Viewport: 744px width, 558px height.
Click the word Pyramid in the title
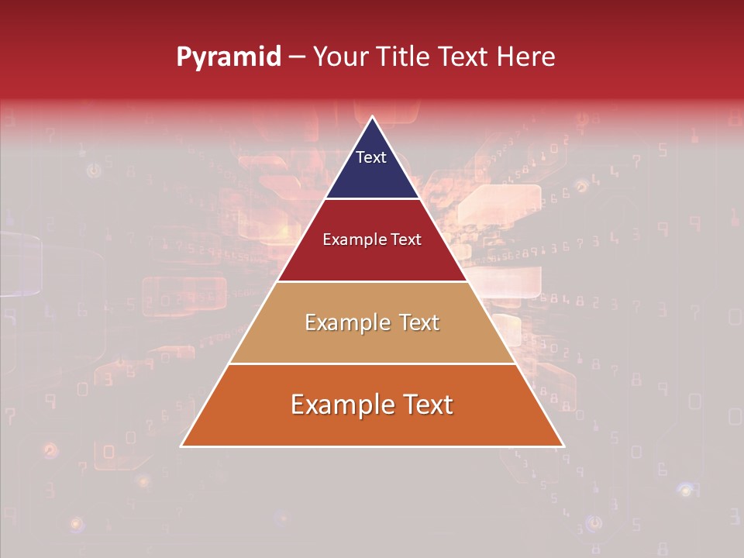click(229, 57)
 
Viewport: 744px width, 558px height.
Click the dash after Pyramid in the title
click(296, 57)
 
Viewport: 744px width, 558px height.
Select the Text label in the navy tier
click(370, 157)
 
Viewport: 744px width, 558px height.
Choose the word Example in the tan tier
click(345, 322)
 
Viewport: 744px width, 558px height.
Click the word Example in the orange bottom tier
click(337, 405)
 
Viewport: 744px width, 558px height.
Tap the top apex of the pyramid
click(372, 117)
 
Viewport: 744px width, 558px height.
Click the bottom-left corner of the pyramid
click(182, 446)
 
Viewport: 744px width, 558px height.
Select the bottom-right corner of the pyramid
click(563, 446)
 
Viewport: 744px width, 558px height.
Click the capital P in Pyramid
click(184, 57)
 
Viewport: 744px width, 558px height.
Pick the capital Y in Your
click(319, 57)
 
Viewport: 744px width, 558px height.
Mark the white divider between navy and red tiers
click(372, 199)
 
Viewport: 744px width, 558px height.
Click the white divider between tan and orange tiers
click(372, 363)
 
